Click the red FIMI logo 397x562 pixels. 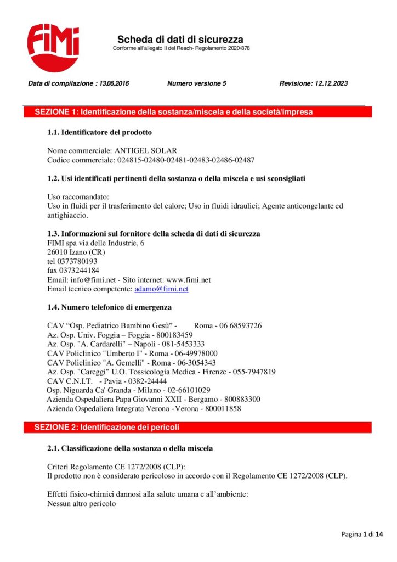click(53, 47)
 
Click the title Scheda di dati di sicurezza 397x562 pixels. click(180, 40)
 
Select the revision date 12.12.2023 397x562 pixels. click(331, 84)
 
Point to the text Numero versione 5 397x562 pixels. click(197, 84)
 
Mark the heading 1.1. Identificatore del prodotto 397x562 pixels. click(99, 132)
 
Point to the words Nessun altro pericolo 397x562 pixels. click(82, 503)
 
